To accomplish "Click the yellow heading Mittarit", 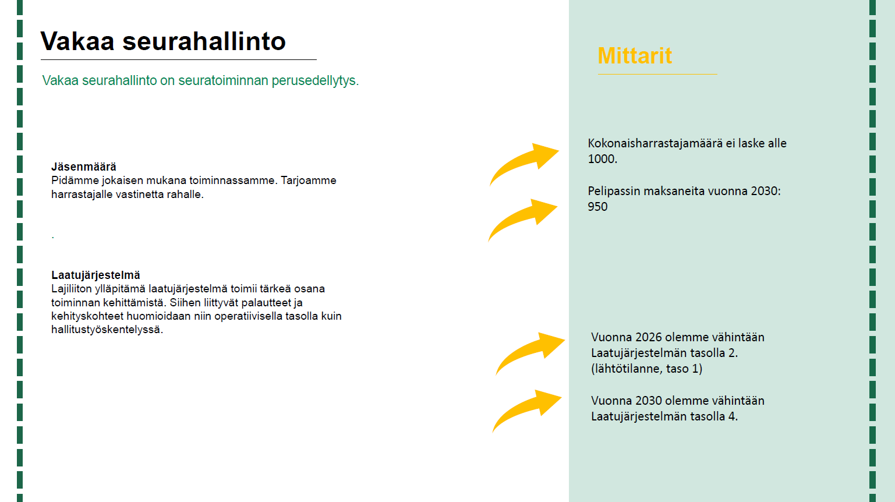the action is point(635,55).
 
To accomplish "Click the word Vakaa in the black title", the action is point(77,41).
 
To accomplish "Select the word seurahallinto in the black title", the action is point(204,41).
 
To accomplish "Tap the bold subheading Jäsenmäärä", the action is point(83,167).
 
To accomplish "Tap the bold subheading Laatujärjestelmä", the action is point(95,275).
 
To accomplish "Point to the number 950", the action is point(597,207).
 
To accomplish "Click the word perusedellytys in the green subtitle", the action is point(315,81).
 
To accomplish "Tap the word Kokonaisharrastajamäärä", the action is point(655,143).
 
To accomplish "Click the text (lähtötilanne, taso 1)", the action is point(646,369).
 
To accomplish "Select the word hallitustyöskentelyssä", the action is point(107,330).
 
